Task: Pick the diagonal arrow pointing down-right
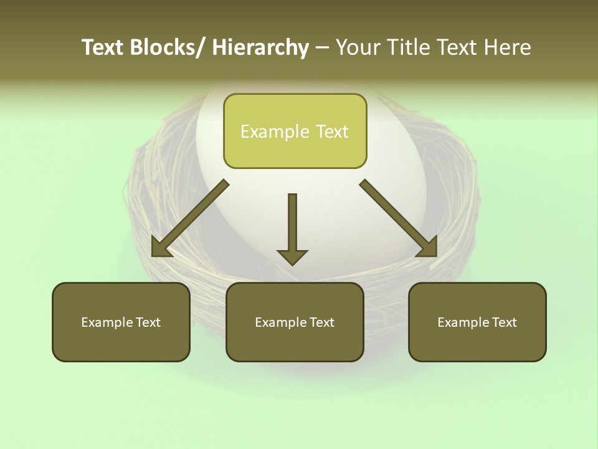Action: [x=399, y=218]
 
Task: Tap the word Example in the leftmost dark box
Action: [x=107, y=322]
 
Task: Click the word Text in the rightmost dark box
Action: [x=503, y=322]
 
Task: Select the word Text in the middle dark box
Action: [x=320, y=322]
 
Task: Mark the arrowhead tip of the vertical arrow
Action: [x=292, y=264]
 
